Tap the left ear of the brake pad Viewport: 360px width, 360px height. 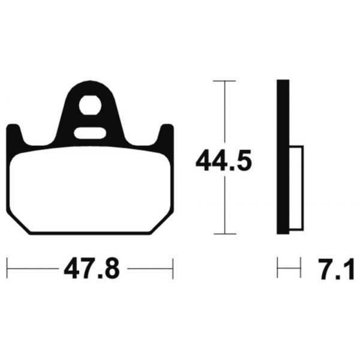16,134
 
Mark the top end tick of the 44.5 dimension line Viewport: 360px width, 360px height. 224,80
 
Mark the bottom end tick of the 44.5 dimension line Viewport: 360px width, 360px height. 224,234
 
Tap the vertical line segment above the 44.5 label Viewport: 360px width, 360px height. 224,114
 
